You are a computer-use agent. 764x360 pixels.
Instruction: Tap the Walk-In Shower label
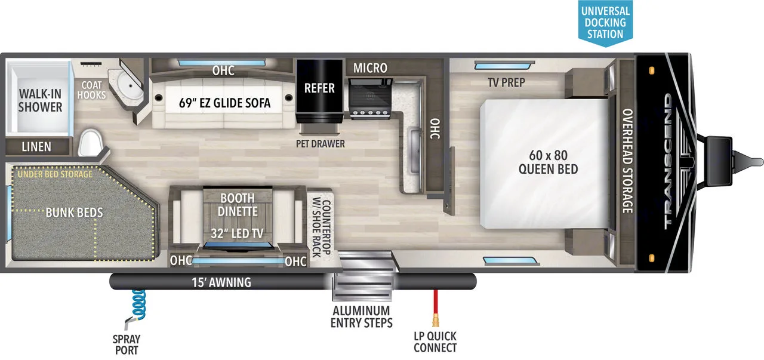click(40, 100)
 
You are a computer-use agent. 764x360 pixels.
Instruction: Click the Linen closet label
click(36, 146)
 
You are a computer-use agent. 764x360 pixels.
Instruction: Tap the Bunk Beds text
click(75, 212)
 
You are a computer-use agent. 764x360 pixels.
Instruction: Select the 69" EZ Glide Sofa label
click(225, 103)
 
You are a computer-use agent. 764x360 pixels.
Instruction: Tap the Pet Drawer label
click(321, 143)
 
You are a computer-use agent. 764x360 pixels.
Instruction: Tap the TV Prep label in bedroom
click(506, 82)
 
